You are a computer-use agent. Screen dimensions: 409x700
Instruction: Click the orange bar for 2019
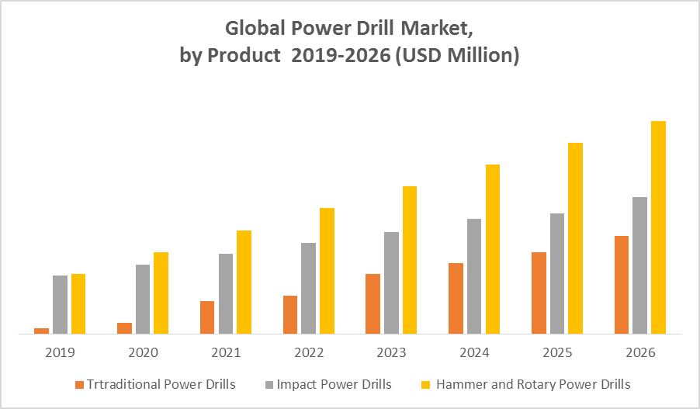[x=41, y=331]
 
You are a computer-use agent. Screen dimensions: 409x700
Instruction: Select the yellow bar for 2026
[x=658, y=227]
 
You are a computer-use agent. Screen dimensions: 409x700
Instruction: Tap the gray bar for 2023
[x=391, y=282]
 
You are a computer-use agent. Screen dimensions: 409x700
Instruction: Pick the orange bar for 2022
[x=290, y=314]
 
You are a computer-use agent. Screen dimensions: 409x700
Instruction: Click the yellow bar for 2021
[x=244, y=282]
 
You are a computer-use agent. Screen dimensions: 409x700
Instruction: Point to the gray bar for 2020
[x=143, y=299]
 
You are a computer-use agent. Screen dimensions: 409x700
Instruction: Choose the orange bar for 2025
[x=539, y=293]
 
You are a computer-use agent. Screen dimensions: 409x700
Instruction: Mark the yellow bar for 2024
[x=493, y=248]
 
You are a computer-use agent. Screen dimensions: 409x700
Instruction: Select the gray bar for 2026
[x=639, y=265]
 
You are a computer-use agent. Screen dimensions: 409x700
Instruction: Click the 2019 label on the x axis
[x=60, y=352]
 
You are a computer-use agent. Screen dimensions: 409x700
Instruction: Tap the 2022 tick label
[x=309, y=352]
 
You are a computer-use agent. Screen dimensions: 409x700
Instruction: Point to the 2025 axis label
[x=557, y=352]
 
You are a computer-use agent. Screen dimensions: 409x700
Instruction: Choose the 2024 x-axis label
[x=474, y=352]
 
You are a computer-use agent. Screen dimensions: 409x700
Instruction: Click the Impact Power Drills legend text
[x=334, y=384]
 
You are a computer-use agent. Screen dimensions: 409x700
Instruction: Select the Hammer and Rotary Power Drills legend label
[x=533, y=384]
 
